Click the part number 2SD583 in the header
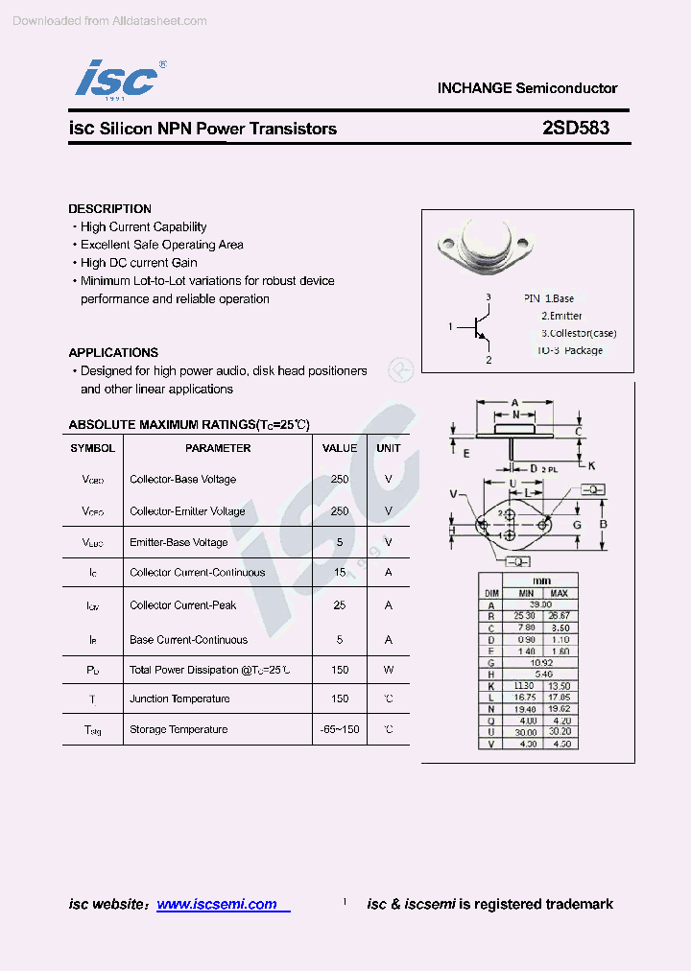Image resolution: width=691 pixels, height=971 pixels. (575, 128)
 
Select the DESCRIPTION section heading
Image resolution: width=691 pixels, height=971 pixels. (109, 208)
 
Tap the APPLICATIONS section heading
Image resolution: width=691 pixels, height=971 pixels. (113, 352)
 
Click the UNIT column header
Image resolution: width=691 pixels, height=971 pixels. (389, 448)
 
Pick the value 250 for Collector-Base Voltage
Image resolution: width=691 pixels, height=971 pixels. (340, 479)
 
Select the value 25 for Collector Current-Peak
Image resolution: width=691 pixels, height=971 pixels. (340, 605)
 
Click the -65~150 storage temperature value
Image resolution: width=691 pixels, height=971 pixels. (340, 729)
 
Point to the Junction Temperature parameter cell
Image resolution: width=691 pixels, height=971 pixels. (179, 699)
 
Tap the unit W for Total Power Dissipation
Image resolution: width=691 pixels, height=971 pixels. (389, 670)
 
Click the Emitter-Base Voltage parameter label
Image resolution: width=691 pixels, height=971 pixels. (179, 542)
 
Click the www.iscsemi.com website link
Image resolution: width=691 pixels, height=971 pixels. (217, 904)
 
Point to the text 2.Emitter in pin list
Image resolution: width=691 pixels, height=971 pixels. (561, 316)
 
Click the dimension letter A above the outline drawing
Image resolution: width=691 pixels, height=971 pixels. (514, 402)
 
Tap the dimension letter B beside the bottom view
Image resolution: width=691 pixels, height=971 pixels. (603, 524)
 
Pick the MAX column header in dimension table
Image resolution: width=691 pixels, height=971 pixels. (559, 593)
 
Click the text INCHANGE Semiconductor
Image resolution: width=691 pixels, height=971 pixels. (527, 87)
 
